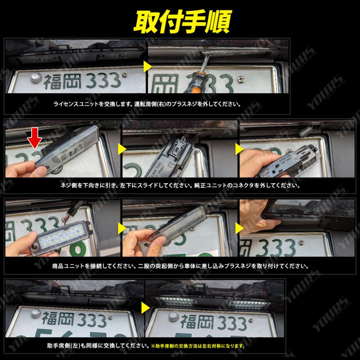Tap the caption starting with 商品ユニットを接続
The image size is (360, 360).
[x=180, y=266]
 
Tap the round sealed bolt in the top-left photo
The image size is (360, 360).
[x=34, y=77]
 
